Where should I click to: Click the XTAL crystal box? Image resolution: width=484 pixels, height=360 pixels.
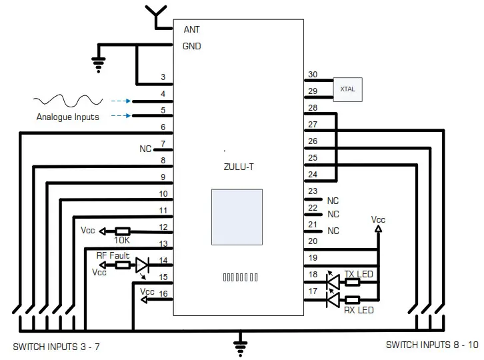347,89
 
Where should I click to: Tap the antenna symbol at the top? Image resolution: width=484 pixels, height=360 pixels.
157,16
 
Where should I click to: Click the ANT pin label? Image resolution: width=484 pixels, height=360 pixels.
191,29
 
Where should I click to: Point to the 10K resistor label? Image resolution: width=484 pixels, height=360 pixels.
122,240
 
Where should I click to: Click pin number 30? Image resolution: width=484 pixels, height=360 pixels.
312,75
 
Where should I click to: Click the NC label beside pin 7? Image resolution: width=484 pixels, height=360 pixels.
145,149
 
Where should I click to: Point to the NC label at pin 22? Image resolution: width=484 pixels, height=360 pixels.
333,214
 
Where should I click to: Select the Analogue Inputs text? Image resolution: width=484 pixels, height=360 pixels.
67,117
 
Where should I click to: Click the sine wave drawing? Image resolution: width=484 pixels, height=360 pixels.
67,101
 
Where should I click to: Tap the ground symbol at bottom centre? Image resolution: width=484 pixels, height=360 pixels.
239,344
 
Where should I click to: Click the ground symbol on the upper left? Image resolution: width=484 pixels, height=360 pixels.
99,64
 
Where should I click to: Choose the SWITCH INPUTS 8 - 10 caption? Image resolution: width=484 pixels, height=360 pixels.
432,345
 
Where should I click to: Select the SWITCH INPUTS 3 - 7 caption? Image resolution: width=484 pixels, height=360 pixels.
57,347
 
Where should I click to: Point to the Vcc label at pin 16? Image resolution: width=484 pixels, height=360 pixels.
147,291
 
